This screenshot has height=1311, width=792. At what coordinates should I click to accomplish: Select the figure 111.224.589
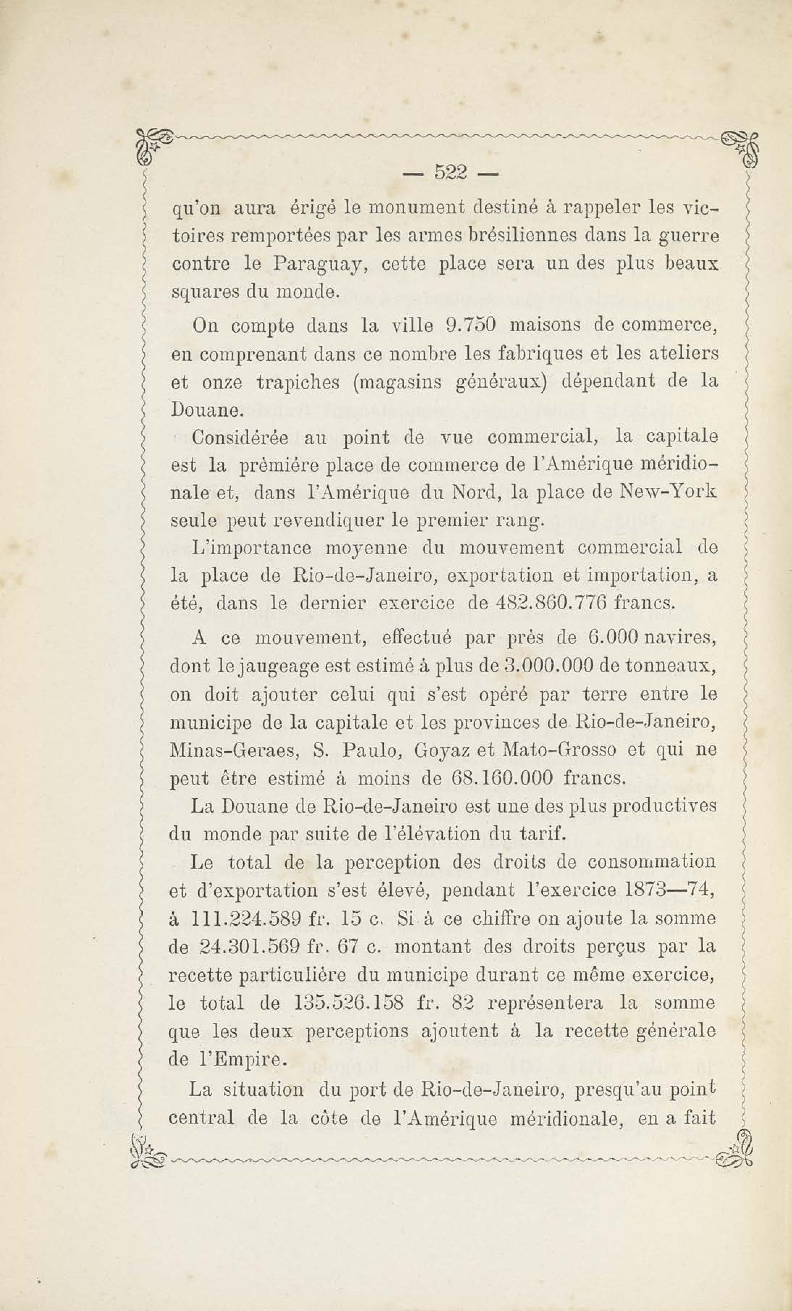click(246, 919)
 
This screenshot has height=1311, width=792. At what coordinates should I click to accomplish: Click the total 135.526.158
click(348, 1003)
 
